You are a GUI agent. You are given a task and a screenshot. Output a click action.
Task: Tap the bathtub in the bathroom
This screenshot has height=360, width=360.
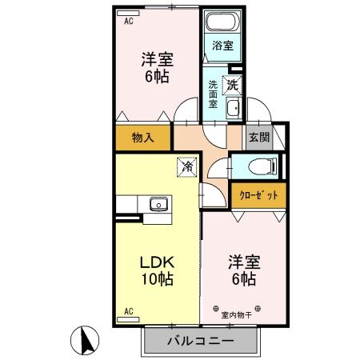[x=218, y=24]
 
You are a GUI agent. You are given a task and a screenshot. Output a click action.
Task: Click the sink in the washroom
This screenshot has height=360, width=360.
[x=233, y=109]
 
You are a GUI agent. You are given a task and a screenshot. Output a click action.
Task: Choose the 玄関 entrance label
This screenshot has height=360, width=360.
[x=258, y=137]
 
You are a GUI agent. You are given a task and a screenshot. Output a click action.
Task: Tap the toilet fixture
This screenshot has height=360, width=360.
[x=258, y=166]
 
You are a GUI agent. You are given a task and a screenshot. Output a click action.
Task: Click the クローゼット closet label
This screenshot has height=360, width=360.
[x=258, y=194]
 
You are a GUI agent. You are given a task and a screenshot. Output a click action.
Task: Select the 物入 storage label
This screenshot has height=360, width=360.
[x=142, y=137]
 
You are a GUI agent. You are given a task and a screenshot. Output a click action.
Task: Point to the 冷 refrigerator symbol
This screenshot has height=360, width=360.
[x=186, y=166]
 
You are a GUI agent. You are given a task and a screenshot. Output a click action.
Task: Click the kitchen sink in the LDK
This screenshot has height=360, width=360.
[x=158, y=204]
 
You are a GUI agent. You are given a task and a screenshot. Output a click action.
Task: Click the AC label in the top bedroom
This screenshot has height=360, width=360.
[x=128, y=22]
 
